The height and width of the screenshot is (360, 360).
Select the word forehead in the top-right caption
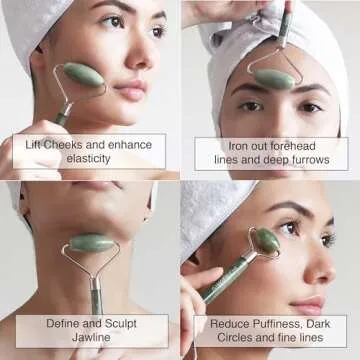coord(297,145)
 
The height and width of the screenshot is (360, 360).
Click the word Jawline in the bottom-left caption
coord(92,338)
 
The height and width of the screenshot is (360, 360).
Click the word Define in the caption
coord(65,323)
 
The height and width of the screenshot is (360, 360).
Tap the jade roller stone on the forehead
coord(273,76)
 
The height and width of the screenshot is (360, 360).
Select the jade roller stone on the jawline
coord(93,244)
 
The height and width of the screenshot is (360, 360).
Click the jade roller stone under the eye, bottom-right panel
coord(267,241)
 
